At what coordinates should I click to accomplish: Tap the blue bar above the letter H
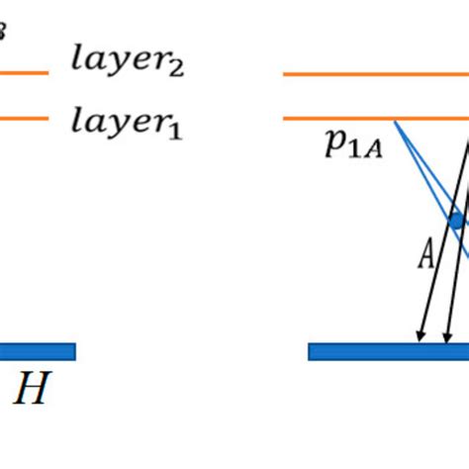click(38, 351)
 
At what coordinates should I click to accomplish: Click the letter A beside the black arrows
click(425, 257)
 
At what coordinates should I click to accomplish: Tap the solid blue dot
click(456, 222)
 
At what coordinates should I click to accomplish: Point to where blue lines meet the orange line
click(395, 121)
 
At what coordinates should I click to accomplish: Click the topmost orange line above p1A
click(376, 72)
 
